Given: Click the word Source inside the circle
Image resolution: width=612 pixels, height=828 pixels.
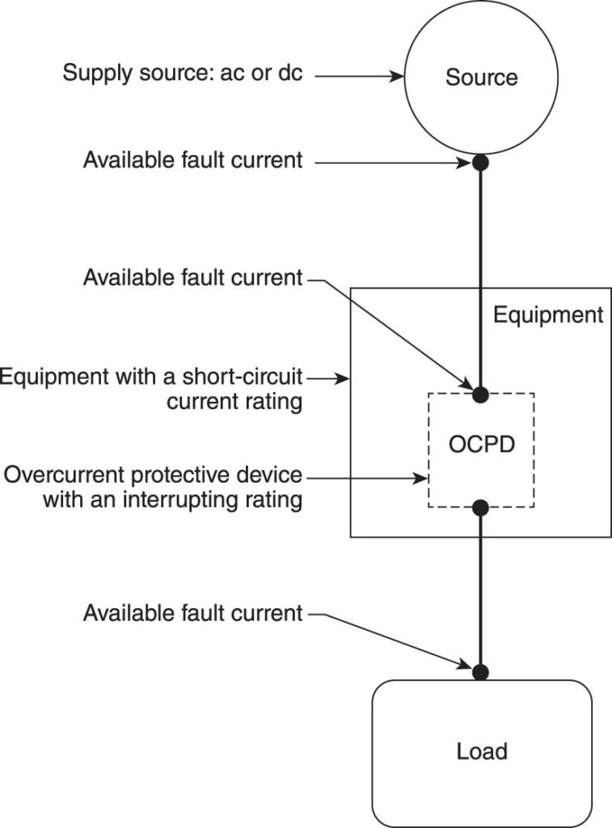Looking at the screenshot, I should [x=481, y=78].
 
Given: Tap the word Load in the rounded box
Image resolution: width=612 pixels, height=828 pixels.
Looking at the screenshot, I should [x=482, y=751].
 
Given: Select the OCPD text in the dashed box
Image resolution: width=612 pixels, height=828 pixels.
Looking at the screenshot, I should [x=481, y=446].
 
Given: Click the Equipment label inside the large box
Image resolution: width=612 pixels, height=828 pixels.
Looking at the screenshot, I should [x=548, y=315].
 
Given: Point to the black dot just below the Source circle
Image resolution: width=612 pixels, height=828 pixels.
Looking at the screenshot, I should [x=481, y=163].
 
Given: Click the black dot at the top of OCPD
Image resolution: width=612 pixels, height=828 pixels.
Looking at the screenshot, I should [x=480, y=395].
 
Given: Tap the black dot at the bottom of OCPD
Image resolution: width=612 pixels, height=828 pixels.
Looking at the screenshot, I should [x=480, y=508].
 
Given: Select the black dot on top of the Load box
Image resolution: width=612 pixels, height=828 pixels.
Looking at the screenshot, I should [x=481, y=671].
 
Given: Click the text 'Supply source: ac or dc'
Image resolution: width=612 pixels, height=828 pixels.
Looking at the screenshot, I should [x=183, y=74].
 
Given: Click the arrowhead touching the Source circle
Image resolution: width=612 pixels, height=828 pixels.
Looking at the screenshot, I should [x=398, y=77].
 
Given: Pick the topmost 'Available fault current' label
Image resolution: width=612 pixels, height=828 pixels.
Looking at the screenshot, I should [x=192, y=160].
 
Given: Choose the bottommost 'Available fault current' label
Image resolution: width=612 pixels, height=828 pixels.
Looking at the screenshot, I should [x=192, y=613].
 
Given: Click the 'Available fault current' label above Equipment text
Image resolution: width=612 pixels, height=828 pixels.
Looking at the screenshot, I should [x=192, y=278].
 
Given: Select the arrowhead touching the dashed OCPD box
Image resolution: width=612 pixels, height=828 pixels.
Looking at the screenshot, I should [x=422, y=478].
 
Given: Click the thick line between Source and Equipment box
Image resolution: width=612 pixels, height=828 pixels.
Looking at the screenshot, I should [x=481, y=226].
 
